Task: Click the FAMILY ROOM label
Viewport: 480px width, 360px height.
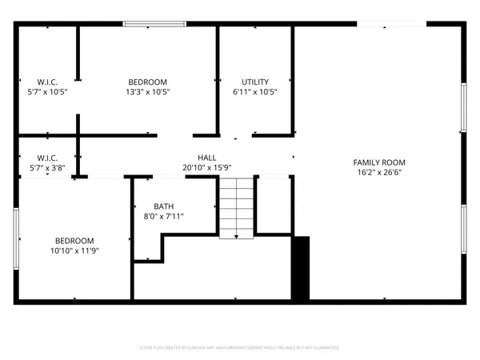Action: [x=375, y=162]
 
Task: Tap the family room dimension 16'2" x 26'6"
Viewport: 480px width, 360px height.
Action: [x=375, y=172]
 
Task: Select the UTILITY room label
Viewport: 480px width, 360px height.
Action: [x=255, y=82]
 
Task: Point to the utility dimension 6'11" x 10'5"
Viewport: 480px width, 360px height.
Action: [x=255, y=92]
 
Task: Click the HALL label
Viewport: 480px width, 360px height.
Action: [x=207, y=158]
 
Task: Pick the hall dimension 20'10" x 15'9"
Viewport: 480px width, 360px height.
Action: [x=207, y=167]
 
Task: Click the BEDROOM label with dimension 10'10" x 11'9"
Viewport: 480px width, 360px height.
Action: [x=74, y=241]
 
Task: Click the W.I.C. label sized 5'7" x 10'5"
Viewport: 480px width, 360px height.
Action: [x=47, y=82]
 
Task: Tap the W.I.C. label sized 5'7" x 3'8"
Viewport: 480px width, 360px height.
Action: [x=47, y=158]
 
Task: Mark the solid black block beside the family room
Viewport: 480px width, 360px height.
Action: [x=301, y=268]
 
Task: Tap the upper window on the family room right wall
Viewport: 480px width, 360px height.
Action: [x=463, y=106]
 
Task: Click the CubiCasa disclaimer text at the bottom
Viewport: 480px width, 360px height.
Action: [x=240, y=348]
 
